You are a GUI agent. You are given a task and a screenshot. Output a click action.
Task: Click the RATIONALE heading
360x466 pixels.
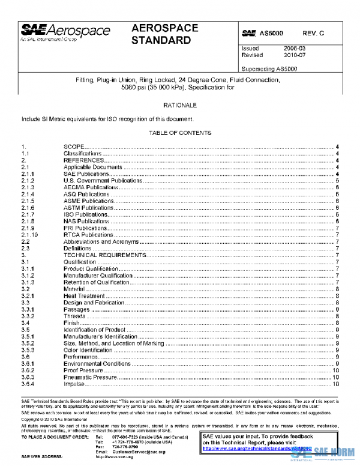(x=179, y=106)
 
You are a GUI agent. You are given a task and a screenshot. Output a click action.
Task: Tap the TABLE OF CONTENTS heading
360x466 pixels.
(x=179, y=133)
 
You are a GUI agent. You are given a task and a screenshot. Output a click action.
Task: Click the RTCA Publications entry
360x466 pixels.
(x=88, y=235)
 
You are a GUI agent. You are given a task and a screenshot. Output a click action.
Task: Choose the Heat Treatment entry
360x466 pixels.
(x=85, y=296)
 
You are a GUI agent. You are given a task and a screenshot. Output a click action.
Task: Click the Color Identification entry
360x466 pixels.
(x=88, y=350)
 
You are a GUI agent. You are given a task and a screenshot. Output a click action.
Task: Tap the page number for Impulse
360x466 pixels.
(x=337, y=384)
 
